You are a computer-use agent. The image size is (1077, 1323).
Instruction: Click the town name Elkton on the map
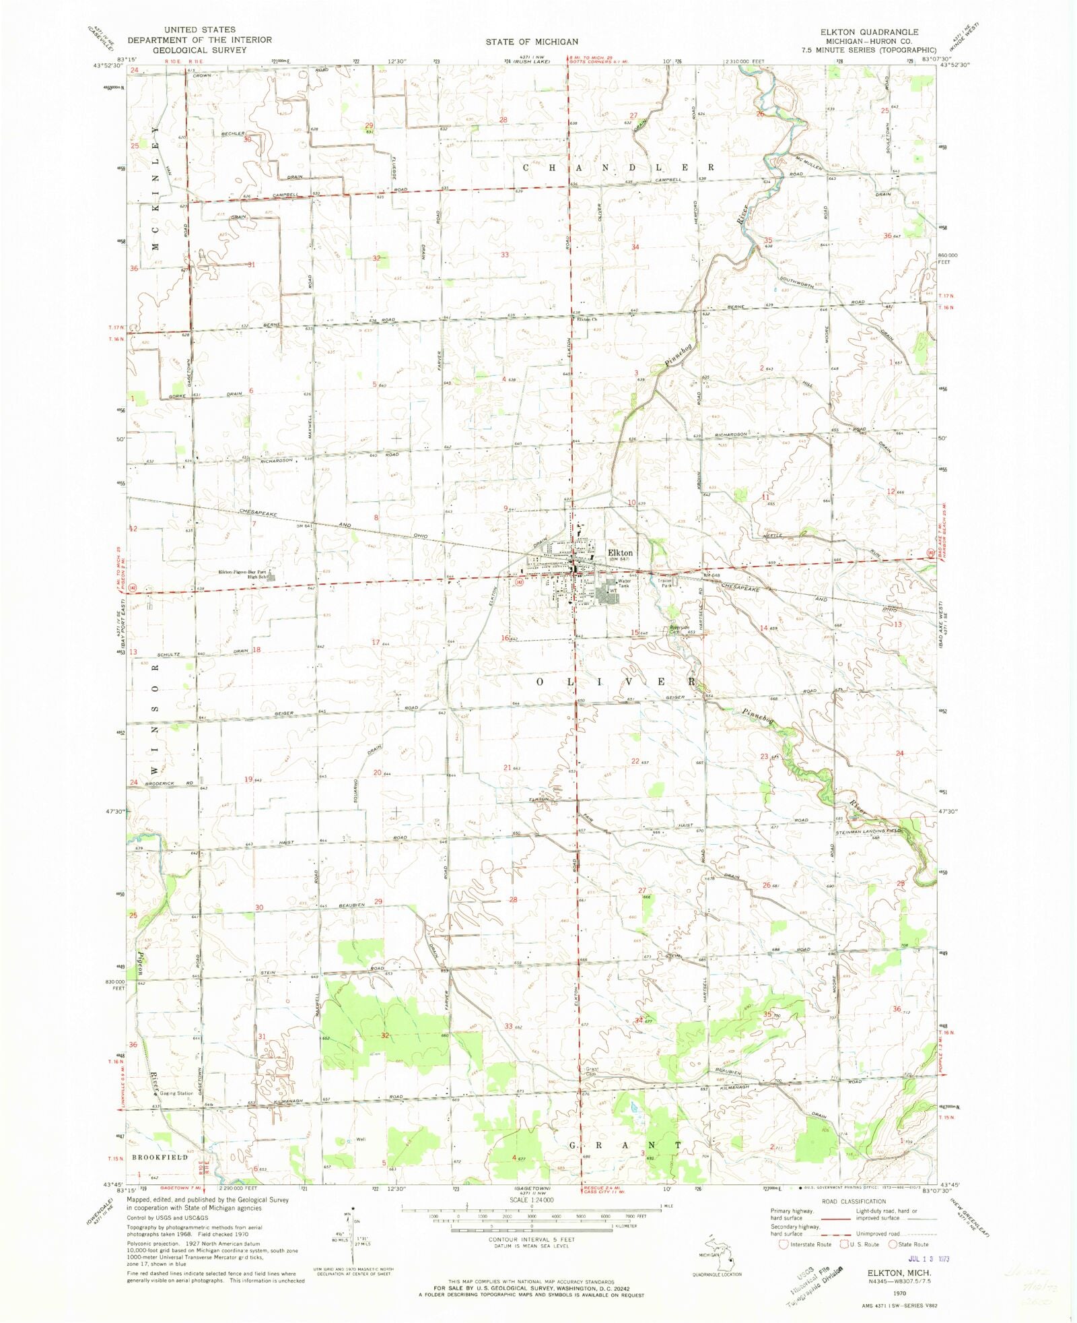click(620, 552)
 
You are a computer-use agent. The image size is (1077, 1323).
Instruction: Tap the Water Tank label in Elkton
click(624, 583)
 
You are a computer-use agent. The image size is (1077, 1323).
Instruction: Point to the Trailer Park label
click(666, 583)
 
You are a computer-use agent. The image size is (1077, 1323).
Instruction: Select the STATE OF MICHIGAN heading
click(532, 42)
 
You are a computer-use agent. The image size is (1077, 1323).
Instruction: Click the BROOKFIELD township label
click(160, 1157)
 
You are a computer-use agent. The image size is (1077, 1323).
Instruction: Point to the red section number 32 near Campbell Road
click(376, 258)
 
